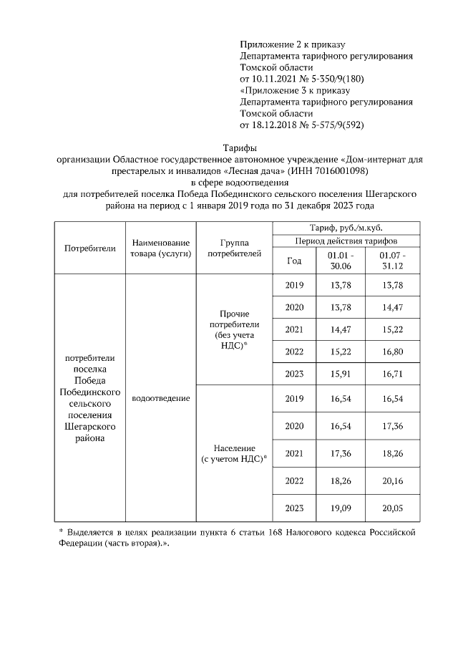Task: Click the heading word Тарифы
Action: [x=230, y=148]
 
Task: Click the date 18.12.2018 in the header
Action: [x=278, y=125]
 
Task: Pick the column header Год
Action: [x=294, y=261]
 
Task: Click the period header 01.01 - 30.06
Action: [x=340, y=261]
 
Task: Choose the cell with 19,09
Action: [x=340, y=508]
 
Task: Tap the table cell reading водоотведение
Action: [x=161, y=397]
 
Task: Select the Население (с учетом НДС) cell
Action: [x=234, y=453]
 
